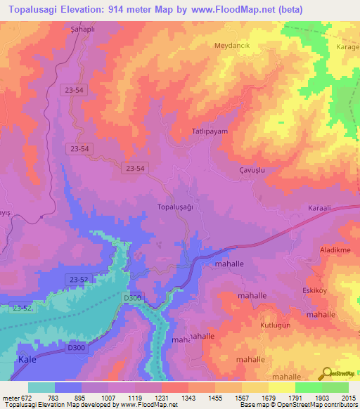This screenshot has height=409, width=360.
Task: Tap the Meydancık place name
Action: pyautogui.click(x=232, y=44)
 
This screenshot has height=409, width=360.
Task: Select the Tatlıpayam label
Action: pyautogui.click(x=210, y=131)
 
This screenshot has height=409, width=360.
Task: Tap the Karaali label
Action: pyautogui.click(x=324, y=209)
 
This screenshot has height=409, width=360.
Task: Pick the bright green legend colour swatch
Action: pyautogui.click(x=308, y=387)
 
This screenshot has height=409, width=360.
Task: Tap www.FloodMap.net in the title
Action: pyautogui.click(x=274, y=10)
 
